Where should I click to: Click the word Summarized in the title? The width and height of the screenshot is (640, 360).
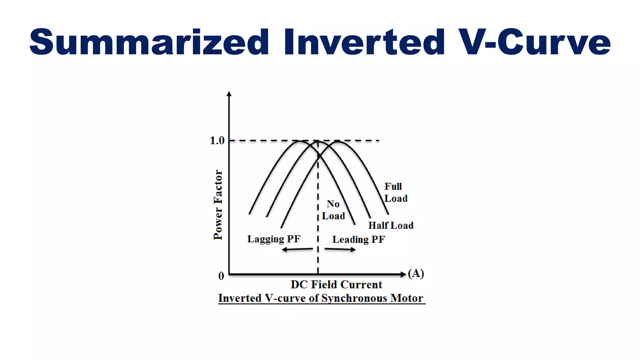coord(149,42)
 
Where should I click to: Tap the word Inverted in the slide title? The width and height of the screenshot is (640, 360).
coord(364,42)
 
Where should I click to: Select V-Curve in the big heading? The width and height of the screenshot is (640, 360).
coord(535,42)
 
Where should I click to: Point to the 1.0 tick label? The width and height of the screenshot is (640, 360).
coord(217,141)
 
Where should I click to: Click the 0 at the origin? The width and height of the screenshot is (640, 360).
coord(221,276)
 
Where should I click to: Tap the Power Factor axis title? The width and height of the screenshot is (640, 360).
coord(218,205)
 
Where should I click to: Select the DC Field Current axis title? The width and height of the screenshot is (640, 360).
coord(336,284)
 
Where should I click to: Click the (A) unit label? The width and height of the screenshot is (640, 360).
coord(416,273)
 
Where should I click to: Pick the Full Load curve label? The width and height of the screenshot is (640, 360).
coord(395,192)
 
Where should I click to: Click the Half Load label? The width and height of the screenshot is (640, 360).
coord(391,225)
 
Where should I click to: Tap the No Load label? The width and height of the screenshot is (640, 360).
coord(333,210)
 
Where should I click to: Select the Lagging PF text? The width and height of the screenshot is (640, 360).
coord(274,239)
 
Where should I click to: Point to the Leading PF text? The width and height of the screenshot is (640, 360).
coord(358,239)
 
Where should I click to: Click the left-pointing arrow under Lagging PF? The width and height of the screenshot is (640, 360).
coord(297,249)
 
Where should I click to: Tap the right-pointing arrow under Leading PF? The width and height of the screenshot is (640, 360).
coord(340,249)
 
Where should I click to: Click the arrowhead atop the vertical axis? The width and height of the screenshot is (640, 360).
coord(229,94)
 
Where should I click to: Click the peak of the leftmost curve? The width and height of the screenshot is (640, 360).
coord(299,141)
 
